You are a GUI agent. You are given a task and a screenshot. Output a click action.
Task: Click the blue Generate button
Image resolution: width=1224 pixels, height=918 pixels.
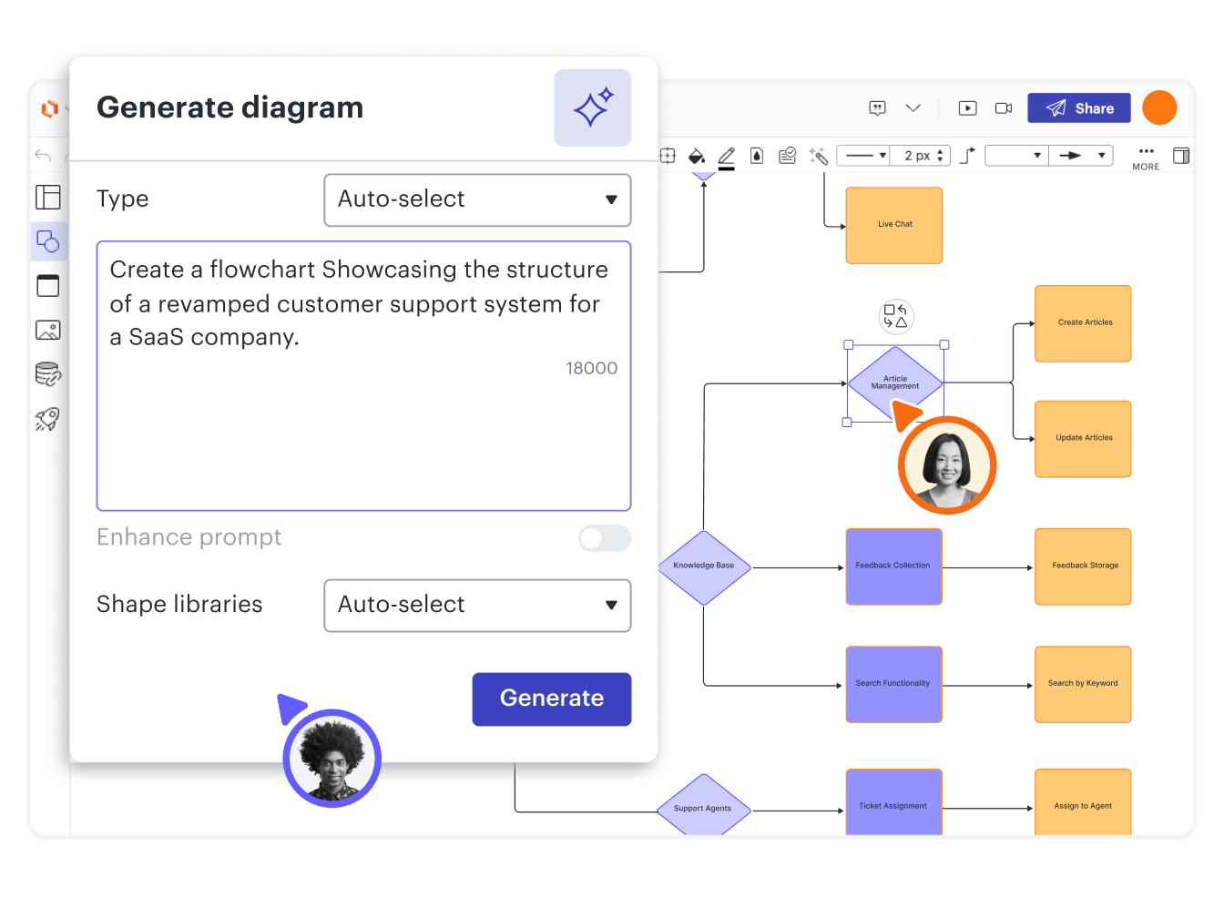tap(551, 699)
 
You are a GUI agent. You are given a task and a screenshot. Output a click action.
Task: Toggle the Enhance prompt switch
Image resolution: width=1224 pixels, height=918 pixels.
tap(604, 538)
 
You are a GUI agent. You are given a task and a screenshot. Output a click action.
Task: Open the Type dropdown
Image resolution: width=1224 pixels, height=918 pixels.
tap(477, 199)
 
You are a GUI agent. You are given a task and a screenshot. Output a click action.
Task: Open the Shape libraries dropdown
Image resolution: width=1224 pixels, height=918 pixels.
tap(477, 605)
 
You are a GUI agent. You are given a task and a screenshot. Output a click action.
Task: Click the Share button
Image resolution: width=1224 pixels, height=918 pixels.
tap(1078, 108)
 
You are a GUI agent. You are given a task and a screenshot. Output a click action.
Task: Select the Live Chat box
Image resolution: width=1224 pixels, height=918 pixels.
tap(893, 225)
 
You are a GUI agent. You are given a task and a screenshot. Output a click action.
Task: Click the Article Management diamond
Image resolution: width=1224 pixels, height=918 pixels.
tap(894, 382)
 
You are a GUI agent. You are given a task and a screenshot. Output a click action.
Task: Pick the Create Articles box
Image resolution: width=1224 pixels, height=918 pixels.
tap(1083, 323)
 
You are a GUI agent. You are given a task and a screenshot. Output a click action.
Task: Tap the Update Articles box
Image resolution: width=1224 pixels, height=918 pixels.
tap(1083, 438)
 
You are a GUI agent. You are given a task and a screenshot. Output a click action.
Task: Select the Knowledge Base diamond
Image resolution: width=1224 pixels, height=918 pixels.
tap(704, 566)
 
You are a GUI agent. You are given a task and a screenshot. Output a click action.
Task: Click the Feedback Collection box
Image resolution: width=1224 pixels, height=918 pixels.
tap(893, 566)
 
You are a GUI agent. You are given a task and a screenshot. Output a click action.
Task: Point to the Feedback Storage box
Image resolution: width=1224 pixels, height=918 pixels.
tap(1083, 566)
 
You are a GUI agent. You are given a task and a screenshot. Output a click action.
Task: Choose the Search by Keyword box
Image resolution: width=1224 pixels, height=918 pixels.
tap(1083, 684)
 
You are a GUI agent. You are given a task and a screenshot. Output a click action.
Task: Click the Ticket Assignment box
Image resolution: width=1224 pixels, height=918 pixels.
tap(893, 802)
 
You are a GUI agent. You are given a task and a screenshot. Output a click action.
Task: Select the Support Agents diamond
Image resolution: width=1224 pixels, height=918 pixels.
tap(703, 807)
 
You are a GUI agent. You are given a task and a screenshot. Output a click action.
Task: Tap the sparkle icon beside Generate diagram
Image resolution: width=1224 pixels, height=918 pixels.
tap(592, 108)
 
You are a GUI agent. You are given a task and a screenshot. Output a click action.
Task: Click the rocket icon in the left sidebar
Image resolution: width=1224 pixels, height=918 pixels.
tap(47, 419)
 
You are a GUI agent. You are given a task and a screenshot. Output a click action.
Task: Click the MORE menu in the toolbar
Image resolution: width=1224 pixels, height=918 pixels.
tap(1146, 158)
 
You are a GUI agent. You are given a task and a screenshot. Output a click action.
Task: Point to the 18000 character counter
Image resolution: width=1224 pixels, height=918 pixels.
tap(591, 369)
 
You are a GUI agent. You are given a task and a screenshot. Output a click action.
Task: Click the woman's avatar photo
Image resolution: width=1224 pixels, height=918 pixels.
tap(947, 464)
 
